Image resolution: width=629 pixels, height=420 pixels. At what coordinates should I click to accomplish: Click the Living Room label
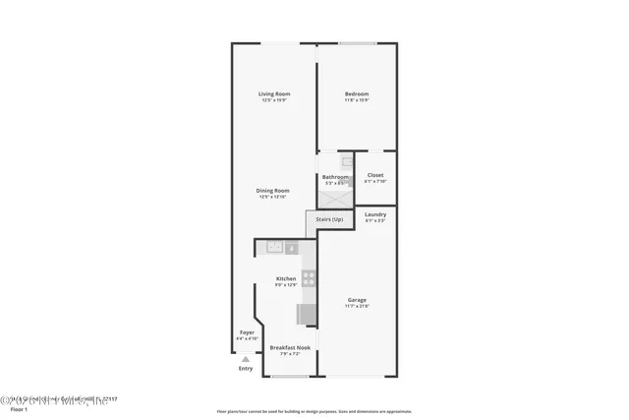[x=274, y=93]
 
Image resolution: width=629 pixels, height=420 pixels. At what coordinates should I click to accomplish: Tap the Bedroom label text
[x=356, y=93]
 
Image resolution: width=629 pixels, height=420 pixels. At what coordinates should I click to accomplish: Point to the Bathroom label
[x=335, y=177]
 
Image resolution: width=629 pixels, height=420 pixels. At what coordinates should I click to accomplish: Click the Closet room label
[x=374, y=175]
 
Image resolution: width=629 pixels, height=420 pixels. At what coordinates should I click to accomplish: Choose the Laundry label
[x=374, y=213]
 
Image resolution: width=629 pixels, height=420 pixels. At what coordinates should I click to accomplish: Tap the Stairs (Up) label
[x=329, y=218]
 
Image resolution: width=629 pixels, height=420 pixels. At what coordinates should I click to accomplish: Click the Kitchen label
[x=286, y=278]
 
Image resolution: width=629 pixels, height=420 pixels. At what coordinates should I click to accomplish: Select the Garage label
[x=356, y=300]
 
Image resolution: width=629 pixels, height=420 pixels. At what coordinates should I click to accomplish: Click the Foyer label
[x=247, y=332]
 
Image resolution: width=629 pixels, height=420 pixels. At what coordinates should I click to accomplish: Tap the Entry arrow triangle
[x=246, y=359]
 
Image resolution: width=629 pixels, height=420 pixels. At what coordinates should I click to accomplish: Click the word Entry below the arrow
[x=246, y=369]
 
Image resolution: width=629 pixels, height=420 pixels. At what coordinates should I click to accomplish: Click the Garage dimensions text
[x=356, y=306]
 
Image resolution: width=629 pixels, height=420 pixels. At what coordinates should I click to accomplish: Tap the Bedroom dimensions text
[x=356, y=99]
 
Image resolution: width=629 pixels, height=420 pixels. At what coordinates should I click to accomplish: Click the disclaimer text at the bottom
[x=314, y=411]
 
